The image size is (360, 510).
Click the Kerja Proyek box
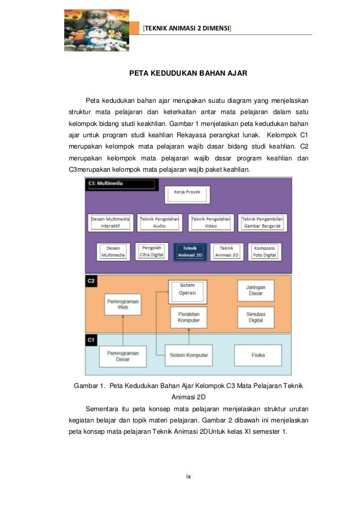187,195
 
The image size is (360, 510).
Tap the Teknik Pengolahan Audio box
160,222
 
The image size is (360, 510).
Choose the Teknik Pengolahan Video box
211,222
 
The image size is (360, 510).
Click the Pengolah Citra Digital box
152,251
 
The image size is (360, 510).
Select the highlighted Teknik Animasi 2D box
190,251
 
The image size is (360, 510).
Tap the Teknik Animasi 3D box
227,251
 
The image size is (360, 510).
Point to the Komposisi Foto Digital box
264,251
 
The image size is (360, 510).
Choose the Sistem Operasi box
187,289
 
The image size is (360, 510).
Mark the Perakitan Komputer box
187,317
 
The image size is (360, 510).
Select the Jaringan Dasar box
256,290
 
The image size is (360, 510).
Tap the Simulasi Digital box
256,317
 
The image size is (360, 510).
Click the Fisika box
258,355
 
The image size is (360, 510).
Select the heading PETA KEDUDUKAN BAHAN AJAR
181,73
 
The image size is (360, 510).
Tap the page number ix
189,477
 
